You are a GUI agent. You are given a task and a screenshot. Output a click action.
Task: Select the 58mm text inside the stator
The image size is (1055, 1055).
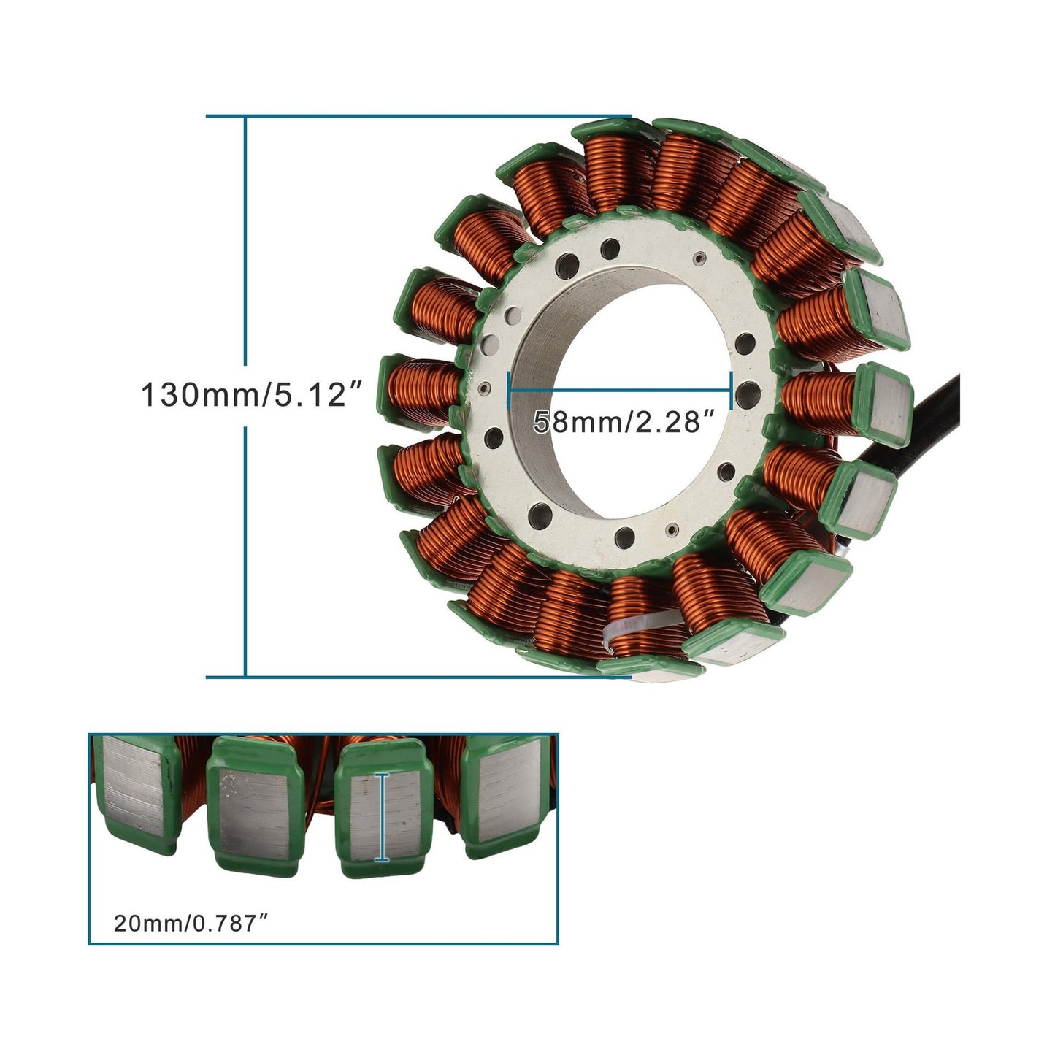point(575,422)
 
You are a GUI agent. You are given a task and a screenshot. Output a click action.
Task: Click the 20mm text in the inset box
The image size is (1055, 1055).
point(147,924)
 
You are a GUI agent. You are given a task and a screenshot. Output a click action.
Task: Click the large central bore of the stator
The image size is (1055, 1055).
point(621,343)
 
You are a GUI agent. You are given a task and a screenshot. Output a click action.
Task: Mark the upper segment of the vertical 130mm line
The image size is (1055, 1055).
point(246,241)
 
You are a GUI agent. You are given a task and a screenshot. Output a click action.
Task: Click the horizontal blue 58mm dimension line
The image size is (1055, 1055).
point(621,390)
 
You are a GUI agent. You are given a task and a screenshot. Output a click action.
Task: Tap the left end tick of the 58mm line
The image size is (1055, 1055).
point(509,390)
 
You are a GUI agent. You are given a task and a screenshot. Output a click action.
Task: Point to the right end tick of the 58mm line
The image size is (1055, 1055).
point(731,390)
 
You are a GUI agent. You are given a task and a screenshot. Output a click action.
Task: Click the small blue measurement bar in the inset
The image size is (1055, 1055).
point(380,817)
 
